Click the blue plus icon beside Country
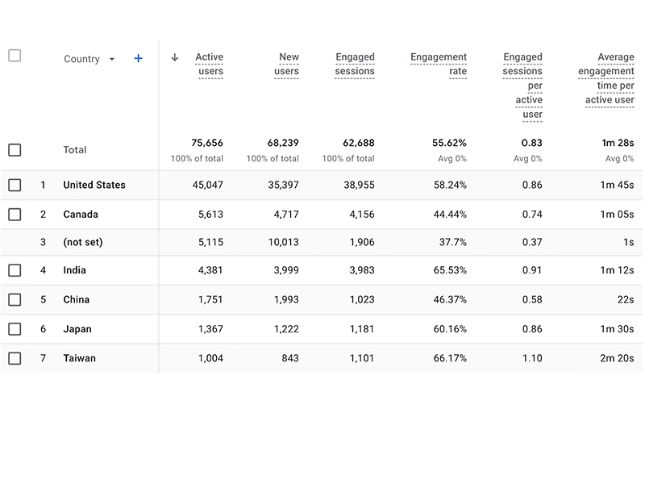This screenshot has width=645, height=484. (138, 59)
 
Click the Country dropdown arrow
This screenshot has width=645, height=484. (112, 60)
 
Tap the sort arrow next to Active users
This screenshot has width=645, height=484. (174, 57)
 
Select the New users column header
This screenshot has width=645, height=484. (287, 65)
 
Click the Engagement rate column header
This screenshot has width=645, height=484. (439, 65)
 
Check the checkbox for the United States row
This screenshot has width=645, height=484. (15, 185)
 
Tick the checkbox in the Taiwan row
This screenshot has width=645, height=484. (15, 358)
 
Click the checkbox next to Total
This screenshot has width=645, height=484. (15, 150)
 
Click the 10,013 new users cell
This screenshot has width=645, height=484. (283, 242)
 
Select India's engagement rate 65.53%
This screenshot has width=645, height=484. (450, 270)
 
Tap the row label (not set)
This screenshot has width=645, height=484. (83, 242)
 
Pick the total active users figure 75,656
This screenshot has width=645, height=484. (207, 143)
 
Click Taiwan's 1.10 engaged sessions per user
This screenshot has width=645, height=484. (532, 358)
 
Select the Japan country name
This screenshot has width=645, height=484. (77, 329)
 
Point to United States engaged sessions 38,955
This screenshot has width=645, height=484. (357, 185)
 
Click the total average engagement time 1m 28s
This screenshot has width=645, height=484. (618, 143)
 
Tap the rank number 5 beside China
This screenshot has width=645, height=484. (44, 299)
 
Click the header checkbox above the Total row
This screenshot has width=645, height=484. (15, 56)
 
